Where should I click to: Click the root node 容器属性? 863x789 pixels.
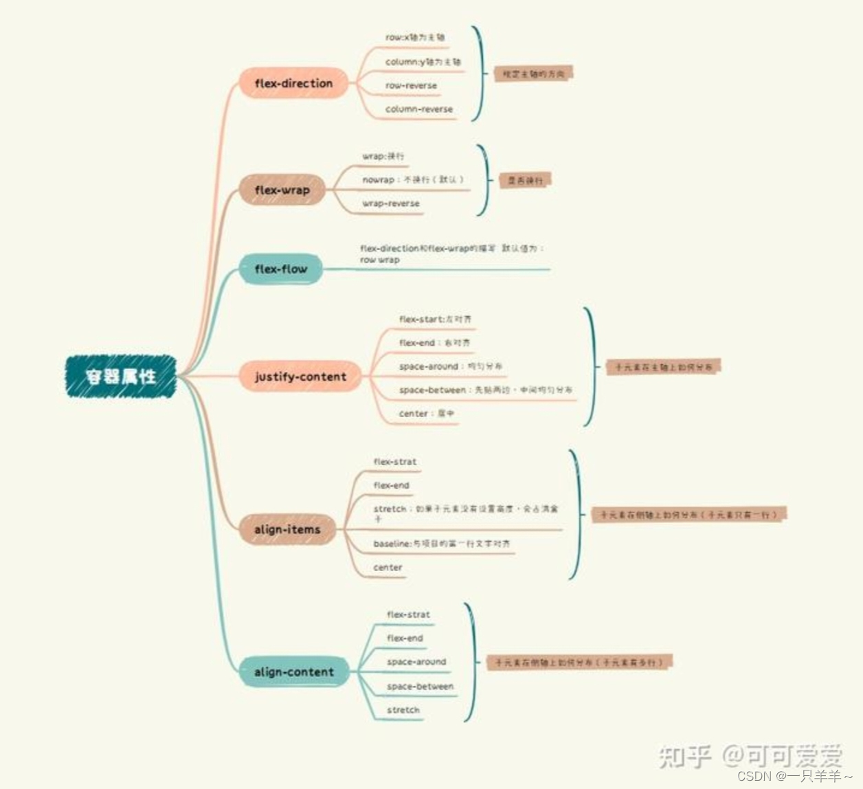click(121, 377)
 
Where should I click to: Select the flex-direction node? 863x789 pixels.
click(293, 84)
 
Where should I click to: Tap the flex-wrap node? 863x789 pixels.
click(282, 190)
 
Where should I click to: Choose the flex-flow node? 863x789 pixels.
click(280, 269)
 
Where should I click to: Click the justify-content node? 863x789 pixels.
click(300, 377)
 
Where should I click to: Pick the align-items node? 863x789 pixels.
click(287, 530)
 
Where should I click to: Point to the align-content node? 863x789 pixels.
click(294, 672)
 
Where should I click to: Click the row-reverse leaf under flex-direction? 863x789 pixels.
click(411, 86)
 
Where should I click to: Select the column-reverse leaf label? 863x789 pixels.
click(419, 109)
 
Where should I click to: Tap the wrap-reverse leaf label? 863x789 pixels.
click(391, 203)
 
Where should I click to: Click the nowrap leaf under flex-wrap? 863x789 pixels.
click(413, 180)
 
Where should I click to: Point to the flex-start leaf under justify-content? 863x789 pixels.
click(435, 320)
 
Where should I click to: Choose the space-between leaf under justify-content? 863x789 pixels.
click(485, 390)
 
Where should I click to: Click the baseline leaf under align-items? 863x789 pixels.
click(442, 544)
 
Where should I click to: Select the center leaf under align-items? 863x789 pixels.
click(388, 568)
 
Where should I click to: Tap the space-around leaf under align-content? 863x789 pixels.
click(416, 662)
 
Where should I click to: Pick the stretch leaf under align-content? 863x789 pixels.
click(403, 710)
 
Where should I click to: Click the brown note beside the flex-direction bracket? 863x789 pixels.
click(533, 74)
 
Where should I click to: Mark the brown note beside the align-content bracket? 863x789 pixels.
click(579, 663)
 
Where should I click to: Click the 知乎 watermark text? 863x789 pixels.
click(685, 756)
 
